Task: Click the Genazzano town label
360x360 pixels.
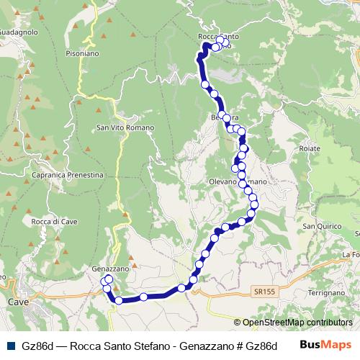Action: pos(109,269)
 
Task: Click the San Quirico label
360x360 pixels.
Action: pos(320,227)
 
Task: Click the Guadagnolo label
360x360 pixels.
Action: pos(14,32)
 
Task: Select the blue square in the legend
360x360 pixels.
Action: pos(9,345)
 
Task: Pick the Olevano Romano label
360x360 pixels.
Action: pos(238,181)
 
